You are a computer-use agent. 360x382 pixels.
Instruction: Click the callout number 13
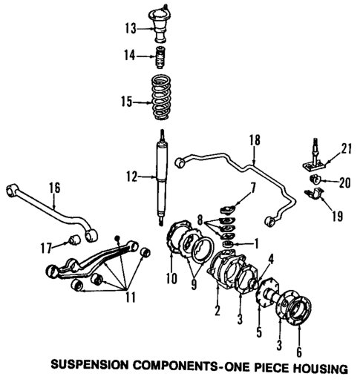(129, 28)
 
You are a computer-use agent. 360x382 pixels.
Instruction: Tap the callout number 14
(129, 54)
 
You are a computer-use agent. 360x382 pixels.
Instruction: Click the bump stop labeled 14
(159, 55)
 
